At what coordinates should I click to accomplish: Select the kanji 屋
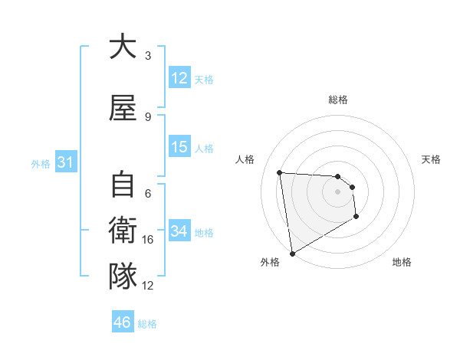[x=122, y=108]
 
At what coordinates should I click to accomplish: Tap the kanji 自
[x=122, y=185]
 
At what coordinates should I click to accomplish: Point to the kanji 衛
[x=122, y=231]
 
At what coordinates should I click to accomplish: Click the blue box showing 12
[x=179, y=78]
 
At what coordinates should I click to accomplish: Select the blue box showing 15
[x=179, y=147]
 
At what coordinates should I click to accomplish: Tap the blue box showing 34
[x=179, y=231]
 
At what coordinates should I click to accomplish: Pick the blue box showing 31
[x=64, y=162]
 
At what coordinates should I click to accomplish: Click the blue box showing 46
[x=122, y=322]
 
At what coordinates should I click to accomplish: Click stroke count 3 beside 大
[x=148, y=56]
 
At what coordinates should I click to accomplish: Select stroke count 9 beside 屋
[x=148, y=117]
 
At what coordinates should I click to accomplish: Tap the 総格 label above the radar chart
[x=337, y=100]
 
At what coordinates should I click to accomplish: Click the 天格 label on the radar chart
[x=431, y=159]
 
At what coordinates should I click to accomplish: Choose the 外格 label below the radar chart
[x=270, y=262]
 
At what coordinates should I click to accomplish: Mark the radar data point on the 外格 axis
[x=291, y=253]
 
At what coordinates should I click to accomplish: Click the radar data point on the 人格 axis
[x=280, y=172]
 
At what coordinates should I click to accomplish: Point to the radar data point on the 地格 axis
[x=356, y=217]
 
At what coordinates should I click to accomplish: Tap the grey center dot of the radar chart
[x=337, y=191]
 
